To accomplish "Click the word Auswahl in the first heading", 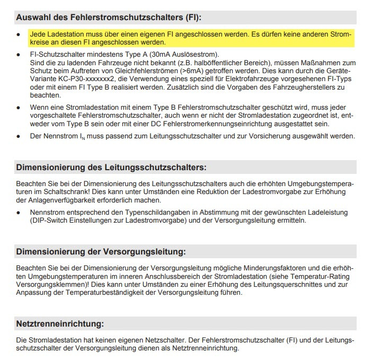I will pos(32,17).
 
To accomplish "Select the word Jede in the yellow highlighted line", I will pos(38,34).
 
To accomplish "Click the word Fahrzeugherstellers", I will pos(302,86).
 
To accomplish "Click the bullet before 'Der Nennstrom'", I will pos(18,136).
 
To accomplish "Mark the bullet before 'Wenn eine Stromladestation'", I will pos(18,108).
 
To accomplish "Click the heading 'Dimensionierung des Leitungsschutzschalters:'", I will pos(111,168).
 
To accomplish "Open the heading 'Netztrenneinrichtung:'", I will pos(60,323).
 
